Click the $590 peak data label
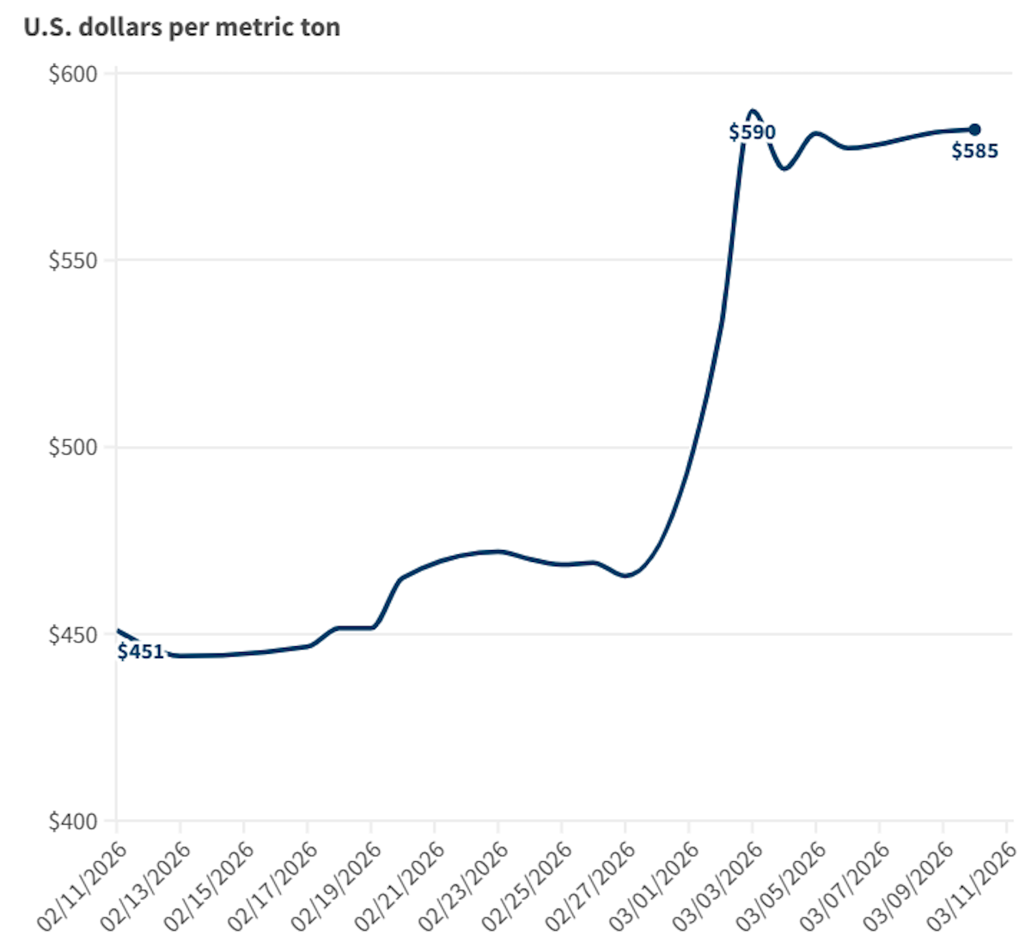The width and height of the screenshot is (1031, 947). tap(752, 132)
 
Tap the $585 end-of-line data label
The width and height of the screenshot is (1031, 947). tap(974, 151)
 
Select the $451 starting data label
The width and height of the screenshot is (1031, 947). tap(140, 651)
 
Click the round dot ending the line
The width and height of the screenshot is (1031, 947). tap(975, 130)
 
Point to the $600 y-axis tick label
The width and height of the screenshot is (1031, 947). tap(73, 74)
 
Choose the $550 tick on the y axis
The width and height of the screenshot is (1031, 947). tap(73, 260)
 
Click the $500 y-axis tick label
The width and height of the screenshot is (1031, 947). tap(73, 448)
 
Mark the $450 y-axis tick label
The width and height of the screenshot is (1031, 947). tap(73, 635)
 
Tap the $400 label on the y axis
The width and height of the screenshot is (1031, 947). tap(73, 822)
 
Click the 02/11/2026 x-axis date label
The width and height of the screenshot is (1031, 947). tap(82, 885)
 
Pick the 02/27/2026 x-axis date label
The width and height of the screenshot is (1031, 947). tap(591, 885)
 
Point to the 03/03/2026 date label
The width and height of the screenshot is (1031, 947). tap(718, 885)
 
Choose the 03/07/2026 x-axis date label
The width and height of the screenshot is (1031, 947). tap(845, 885)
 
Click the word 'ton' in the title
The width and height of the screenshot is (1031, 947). tap(320, 27)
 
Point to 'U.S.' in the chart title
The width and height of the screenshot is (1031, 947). tap(46, 27)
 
